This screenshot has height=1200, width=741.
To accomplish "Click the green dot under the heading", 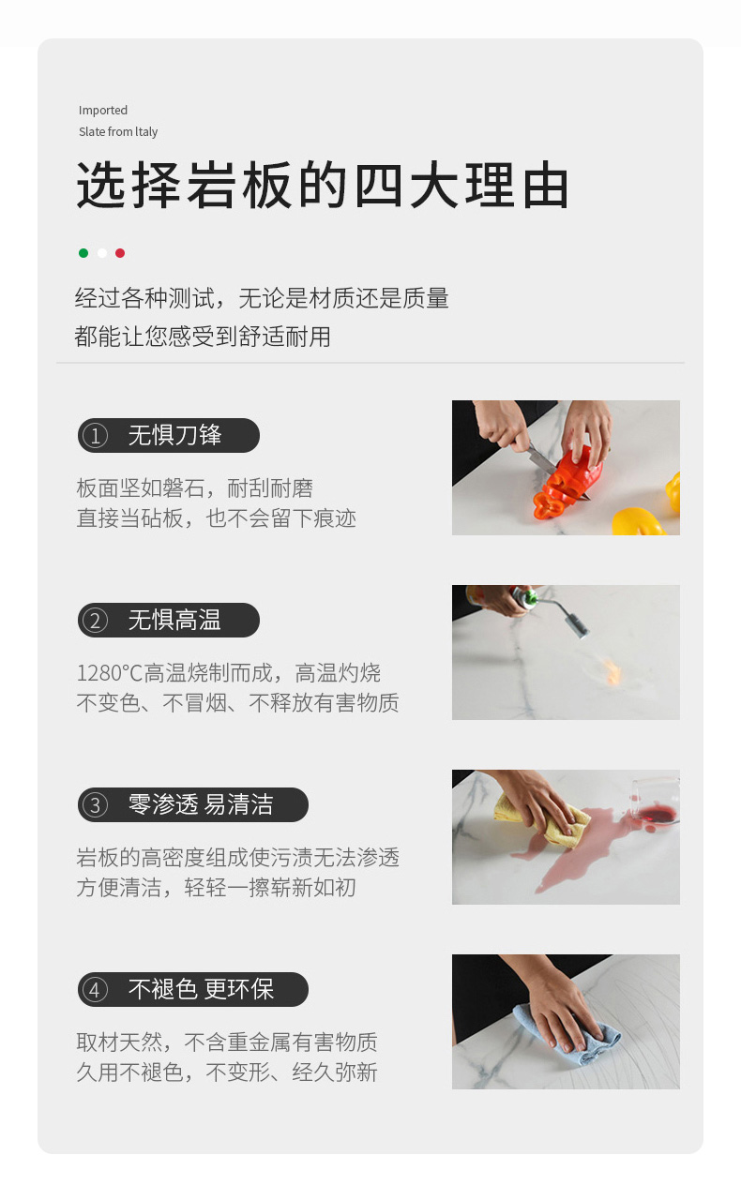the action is [83, 253].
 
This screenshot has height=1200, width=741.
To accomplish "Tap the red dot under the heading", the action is [120, 253].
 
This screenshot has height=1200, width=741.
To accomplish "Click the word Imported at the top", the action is [103, 111].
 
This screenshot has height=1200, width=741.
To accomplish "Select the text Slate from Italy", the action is [118, 132].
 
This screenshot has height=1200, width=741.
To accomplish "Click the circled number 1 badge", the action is [96, 436].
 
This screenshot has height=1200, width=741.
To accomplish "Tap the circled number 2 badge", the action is [96, 621].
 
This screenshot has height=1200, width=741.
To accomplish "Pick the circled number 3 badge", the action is [96, 805].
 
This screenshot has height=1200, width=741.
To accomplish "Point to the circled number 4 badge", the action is [96, 990].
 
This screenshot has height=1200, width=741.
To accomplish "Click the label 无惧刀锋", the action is [174, 435].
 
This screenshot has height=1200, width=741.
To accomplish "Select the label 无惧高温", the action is [174, 620].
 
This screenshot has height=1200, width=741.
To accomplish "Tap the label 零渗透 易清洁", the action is [201, 804].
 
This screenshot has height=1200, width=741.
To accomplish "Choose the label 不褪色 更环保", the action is [201, 989].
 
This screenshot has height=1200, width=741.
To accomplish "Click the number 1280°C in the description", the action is [110, 673].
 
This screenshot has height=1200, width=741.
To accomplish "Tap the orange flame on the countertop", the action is [612, 670].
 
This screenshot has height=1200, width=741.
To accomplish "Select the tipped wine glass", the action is [656, 802].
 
